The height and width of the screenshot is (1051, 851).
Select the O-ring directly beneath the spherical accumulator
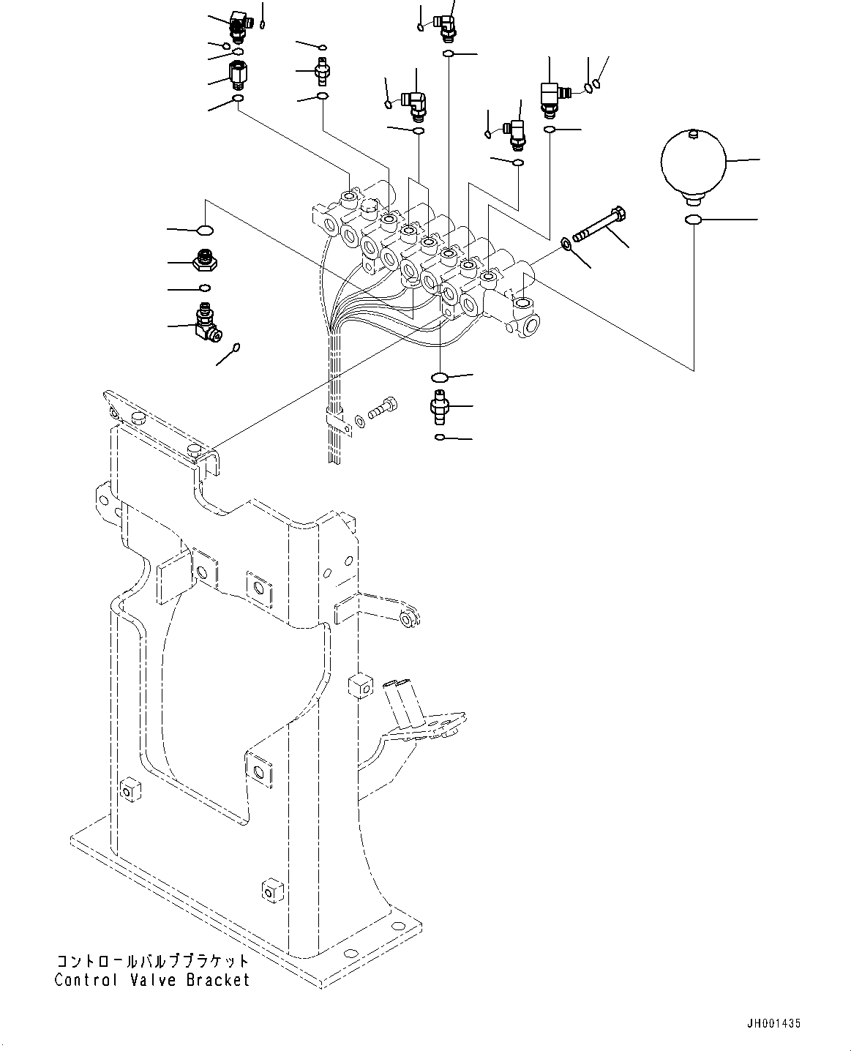tap(693, 220)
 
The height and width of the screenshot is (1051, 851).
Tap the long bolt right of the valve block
tap(600, 225)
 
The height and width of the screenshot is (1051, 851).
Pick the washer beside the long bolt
tap(566, 242)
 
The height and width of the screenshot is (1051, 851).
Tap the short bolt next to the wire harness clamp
tap(382, 408)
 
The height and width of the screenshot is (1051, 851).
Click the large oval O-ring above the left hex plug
tap(206, 231)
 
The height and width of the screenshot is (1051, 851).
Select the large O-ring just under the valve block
tap(440, 377)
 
